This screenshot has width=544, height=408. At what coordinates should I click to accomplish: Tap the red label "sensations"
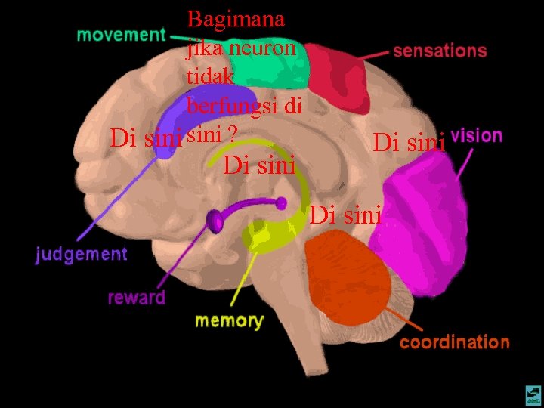coord(439,51)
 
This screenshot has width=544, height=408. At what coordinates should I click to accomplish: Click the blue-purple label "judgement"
coord(82,254)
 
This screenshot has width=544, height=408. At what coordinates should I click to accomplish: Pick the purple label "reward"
coord(136,297)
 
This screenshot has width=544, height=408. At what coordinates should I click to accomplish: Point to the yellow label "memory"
coord(229,320)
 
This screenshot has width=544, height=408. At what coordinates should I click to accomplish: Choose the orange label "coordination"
coord(454,342)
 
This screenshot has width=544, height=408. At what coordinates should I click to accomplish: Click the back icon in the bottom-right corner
coord(533,394)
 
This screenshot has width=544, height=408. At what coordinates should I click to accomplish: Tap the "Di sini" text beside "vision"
coord(409,141)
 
